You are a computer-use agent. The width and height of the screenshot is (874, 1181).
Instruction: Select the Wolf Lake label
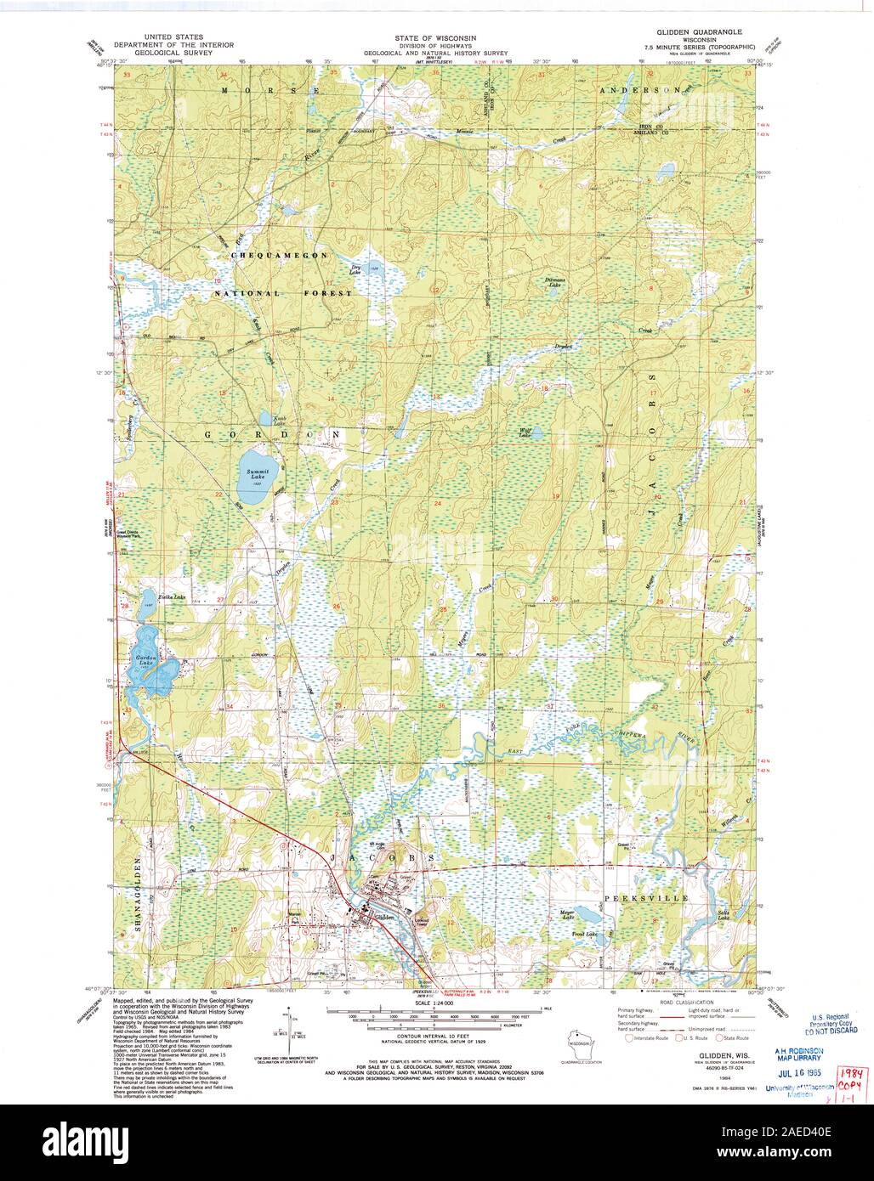[x=525, y=432]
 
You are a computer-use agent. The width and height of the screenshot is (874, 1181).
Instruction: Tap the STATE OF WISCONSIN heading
[x=435, y=38]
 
